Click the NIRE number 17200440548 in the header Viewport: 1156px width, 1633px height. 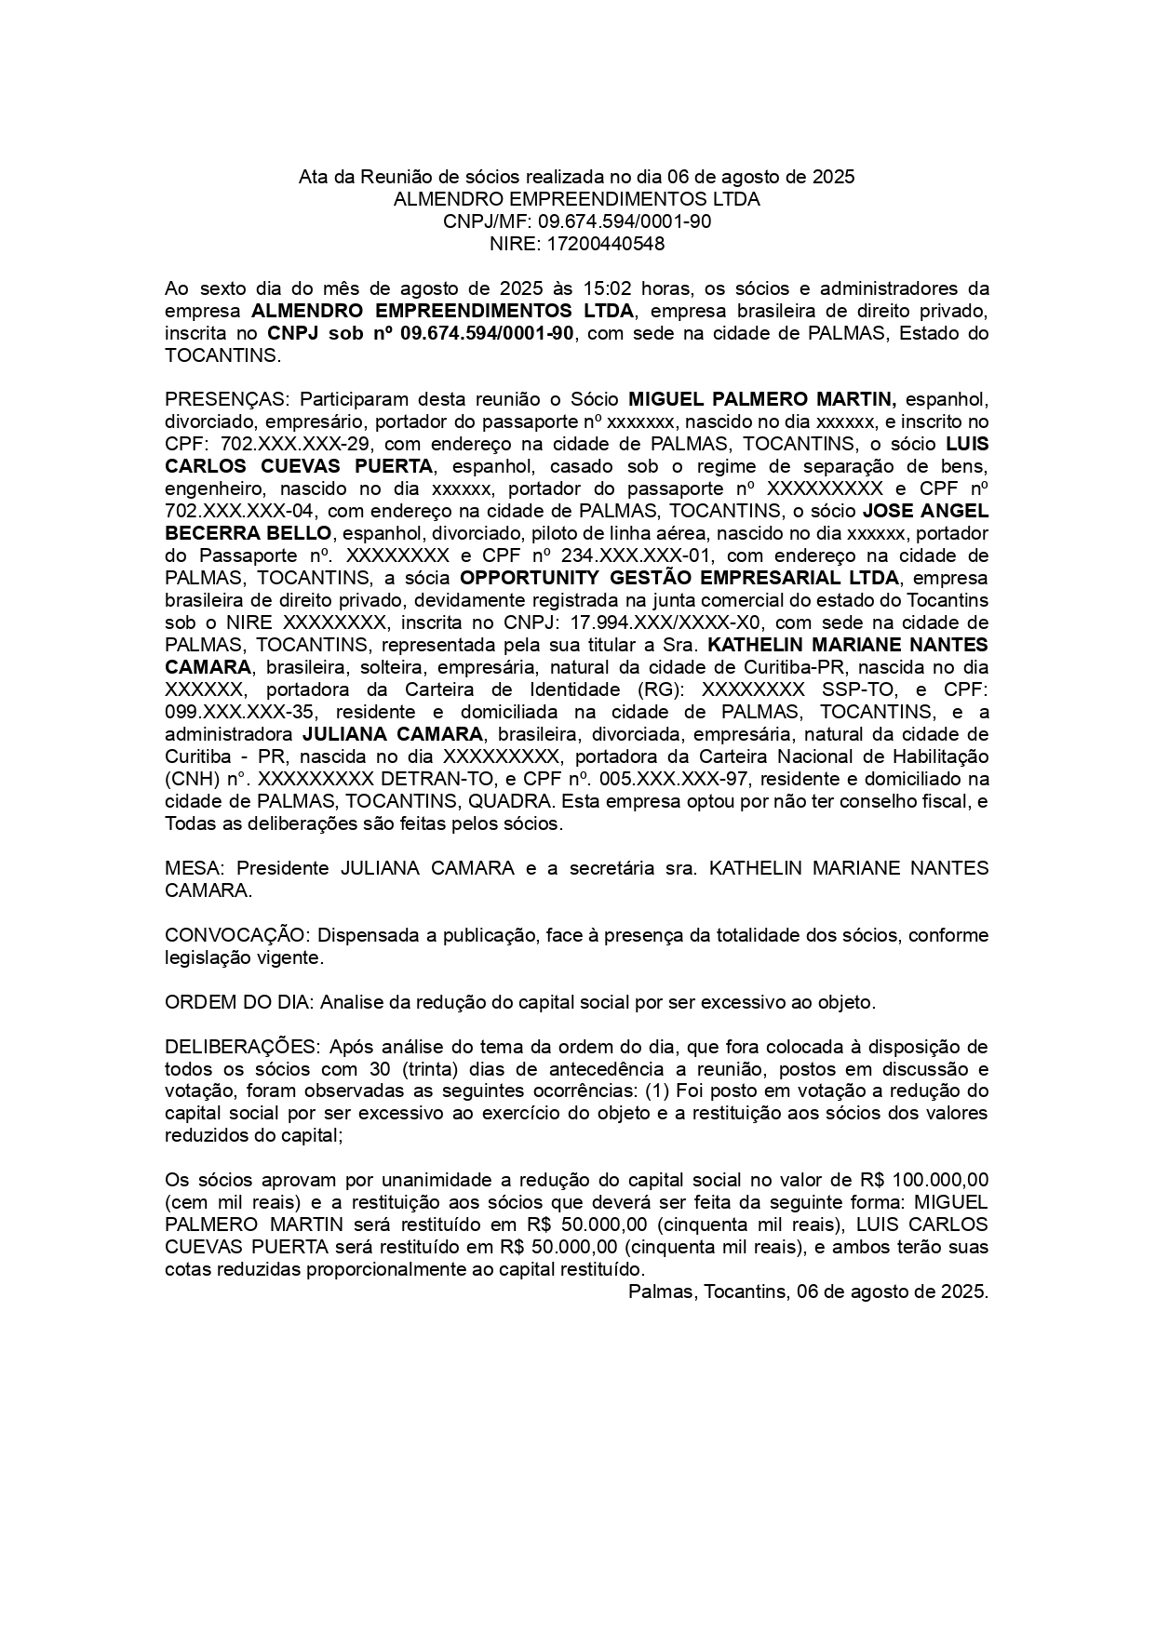(605, 244)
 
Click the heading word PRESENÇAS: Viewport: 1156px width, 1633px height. (227, 400)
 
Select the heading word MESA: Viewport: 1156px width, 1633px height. (194, 868)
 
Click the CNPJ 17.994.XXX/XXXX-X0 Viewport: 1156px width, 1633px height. (650, 622)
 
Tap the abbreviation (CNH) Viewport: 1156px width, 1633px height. (192, 779)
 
